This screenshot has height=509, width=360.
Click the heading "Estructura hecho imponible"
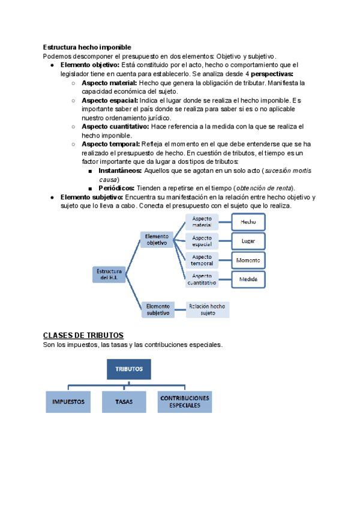pos(87,47)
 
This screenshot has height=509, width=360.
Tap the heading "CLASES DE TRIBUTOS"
pos(83,335)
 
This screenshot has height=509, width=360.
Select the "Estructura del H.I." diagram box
pos(109,274)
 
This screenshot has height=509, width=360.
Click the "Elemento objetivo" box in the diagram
pos(157,240)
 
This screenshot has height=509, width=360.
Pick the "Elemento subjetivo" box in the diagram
pos(158,309)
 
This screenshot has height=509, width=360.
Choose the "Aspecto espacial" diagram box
pos(202,241)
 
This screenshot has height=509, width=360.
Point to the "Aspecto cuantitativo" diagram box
pos(202,279)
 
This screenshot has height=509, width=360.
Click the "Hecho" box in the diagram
pos(248,222)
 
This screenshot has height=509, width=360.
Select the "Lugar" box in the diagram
pos(248,241)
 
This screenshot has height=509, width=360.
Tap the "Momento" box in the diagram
pos(248,261)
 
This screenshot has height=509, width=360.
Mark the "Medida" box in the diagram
pos(248,280)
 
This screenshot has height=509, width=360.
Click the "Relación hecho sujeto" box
pos(207,309)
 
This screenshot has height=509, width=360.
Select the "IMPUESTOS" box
pos(68,402)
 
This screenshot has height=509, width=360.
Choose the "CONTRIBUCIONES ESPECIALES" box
pos(184,402)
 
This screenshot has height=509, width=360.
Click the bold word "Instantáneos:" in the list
pos(120,170)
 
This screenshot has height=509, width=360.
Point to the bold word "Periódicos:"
pos(116,188)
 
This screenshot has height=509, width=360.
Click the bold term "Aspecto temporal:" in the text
pos(110,144)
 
